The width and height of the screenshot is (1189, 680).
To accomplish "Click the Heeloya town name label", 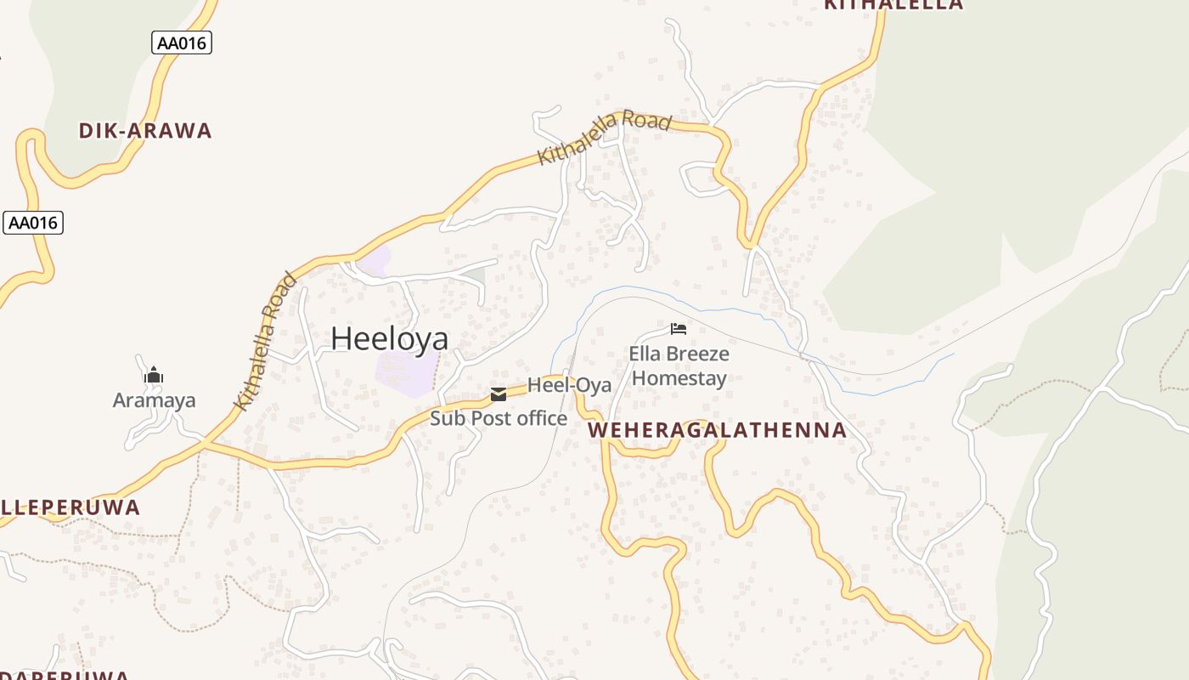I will click(389, 338).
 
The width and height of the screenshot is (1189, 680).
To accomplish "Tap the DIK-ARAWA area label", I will click(145, 131).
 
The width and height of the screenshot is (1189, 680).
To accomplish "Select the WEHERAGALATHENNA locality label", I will click(717, 430).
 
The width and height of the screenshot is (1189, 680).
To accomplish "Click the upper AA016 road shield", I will click(182, 42).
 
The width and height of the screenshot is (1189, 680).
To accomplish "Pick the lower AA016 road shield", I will click(33, 223).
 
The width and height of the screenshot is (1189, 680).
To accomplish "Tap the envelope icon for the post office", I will click(499, 394).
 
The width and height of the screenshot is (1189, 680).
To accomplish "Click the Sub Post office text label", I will click(499, 418).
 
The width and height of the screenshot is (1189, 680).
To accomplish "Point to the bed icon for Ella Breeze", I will click(678, 328).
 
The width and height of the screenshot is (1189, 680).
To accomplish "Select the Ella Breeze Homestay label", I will click(679, 365).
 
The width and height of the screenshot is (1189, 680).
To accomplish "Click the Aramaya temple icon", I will click(154, 375).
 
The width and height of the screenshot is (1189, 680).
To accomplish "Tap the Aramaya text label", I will click(155, 400).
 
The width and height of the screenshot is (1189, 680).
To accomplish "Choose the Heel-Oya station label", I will click(569, 385).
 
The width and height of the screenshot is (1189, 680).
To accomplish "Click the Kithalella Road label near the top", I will click(605, 136).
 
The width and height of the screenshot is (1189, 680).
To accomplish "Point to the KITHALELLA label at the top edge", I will click(894, 4).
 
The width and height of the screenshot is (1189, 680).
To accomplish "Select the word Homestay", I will click(679, 378).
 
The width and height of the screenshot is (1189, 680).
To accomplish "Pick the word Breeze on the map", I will click(698, 354).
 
